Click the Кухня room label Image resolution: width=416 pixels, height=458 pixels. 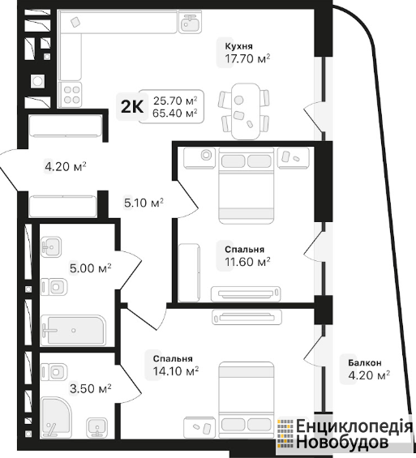click(238, 46)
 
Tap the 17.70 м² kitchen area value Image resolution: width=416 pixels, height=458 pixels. click(247, 58)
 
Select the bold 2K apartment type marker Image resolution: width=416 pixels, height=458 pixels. click(132, 107)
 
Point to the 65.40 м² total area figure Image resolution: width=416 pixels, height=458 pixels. click(174, 113)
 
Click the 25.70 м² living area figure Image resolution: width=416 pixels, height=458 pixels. click(175, 101)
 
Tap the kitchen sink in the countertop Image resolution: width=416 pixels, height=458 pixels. click(191, 22)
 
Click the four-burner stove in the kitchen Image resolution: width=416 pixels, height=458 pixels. click(70, 95)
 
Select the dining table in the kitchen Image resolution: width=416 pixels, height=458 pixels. click(246, 111)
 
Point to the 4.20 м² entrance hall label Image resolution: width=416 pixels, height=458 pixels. click(66, 167)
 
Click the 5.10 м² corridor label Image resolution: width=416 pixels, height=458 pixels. click(144, 203)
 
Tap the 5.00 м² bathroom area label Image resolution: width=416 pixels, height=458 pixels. click(90, 268)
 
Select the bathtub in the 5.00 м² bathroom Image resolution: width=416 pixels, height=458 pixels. click(73, 330)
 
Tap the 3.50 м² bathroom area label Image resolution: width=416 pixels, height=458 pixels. click(90, 389)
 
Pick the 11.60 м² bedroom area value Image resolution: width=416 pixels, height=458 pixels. click(247, 262)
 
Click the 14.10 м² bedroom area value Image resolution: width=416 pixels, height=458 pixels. click(176, 371)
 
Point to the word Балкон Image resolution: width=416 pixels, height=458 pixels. click(365, 363)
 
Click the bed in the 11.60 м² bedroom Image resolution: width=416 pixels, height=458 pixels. click(246, 186)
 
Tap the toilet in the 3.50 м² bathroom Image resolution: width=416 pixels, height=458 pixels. click(54, 372)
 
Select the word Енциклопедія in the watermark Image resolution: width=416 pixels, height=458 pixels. click(354, 426)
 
